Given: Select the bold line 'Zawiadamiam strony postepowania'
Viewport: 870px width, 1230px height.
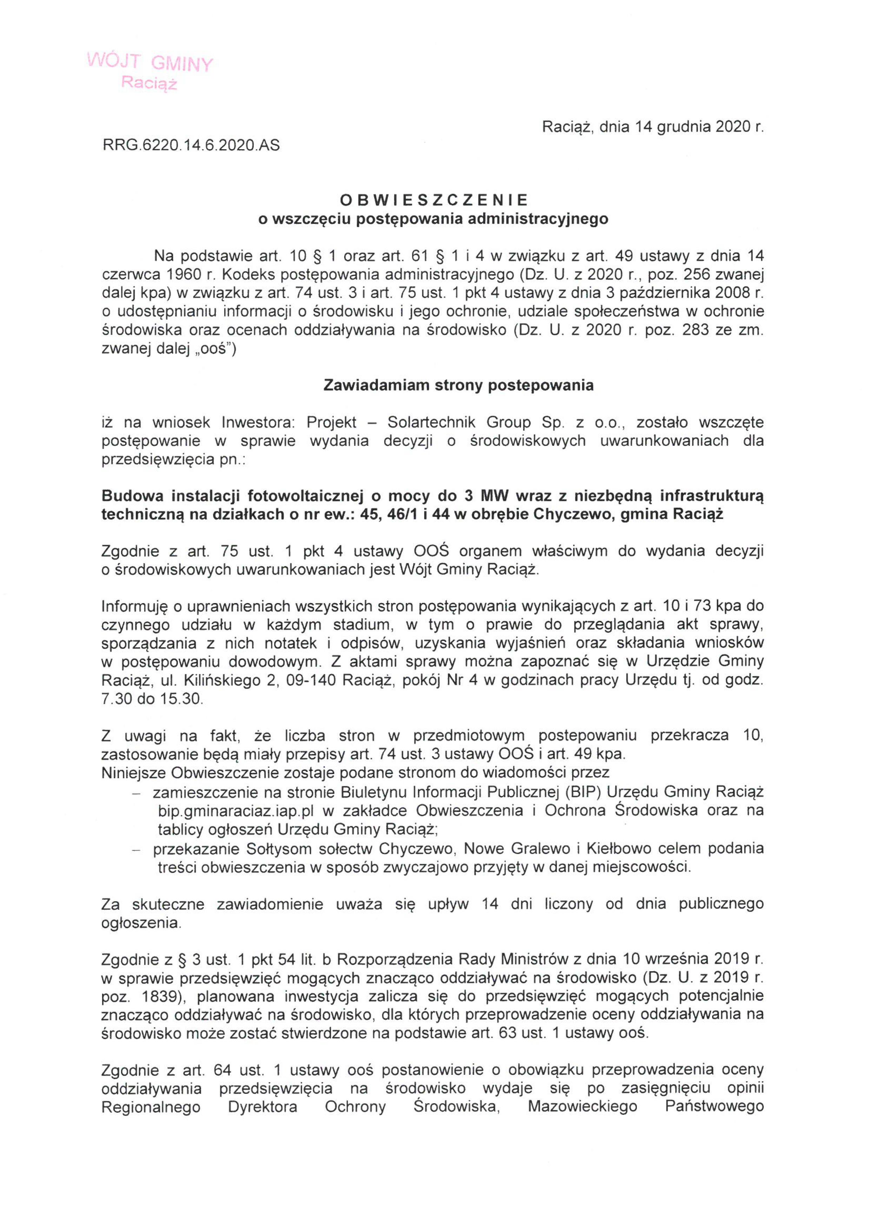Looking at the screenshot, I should click(459, 386).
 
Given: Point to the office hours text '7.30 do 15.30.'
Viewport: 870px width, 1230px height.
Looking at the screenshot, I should click(152, 700).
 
